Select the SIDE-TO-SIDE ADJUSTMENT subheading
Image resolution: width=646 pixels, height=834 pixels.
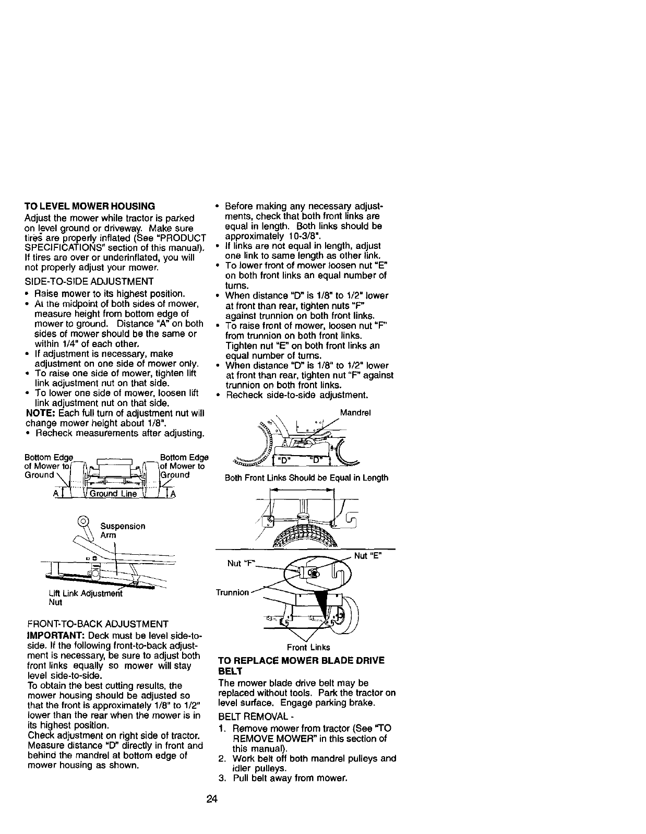point(89,281)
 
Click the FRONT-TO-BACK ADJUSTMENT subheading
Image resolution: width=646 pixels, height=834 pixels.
point(98,624)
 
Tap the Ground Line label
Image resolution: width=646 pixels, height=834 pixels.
point(113,494)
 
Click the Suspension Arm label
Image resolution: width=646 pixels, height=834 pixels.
point(122,530)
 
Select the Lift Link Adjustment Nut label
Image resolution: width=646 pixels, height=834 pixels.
point(84,597)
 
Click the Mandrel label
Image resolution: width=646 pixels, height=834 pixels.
point(355,412)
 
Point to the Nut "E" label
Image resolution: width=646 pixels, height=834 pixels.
point(368,556)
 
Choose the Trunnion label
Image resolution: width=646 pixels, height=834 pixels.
point(232,592)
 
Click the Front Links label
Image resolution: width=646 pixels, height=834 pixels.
point(308,648)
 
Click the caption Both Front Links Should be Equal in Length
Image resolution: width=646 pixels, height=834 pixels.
point(306,478)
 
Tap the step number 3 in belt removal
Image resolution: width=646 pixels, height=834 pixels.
point(222,778)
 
